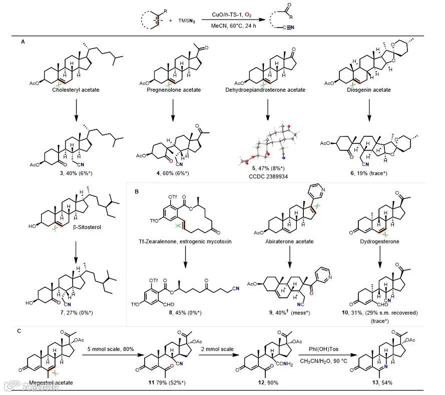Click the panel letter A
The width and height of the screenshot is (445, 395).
(23, 42)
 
